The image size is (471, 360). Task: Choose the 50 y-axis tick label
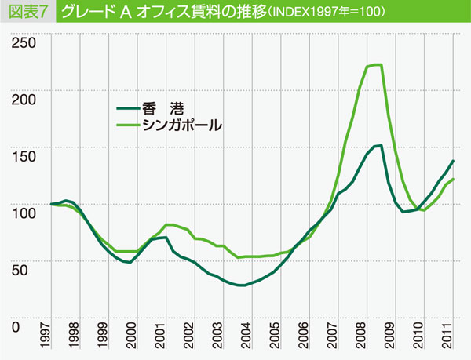(28, 269)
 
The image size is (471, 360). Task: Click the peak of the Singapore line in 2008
(377, 64)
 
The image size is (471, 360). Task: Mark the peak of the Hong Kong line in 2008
(379, 145)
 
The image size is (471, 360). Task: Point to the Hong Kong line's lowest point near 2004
(243, 285)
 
